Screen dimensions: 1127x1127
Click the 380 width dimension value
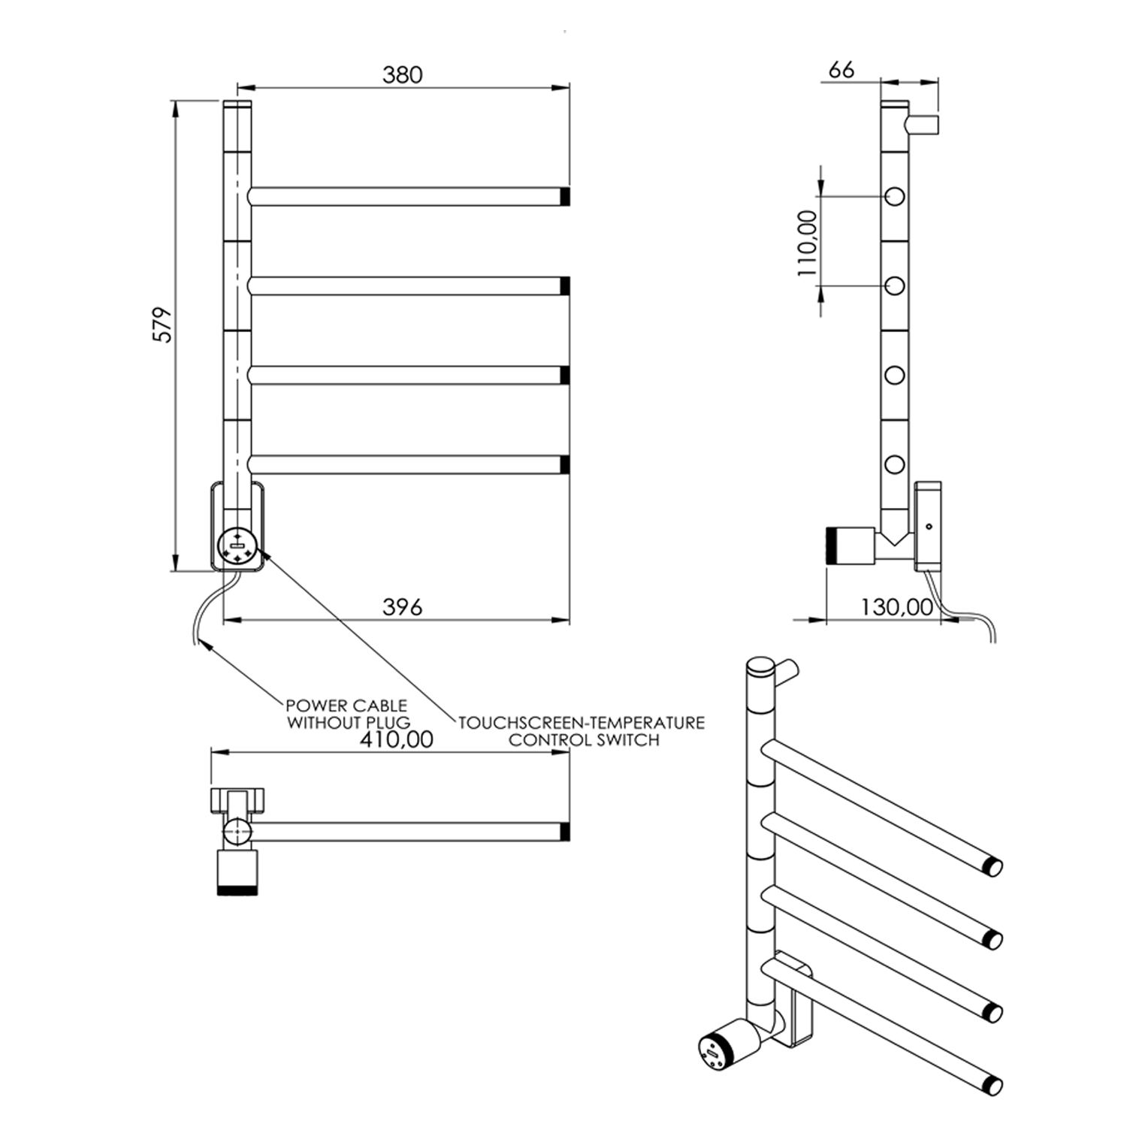(x=402, y=75)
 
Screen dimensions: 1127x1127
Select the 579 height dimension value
(x=163, y=325)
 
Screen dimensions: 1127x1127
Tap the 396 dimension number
(x=402, y=607)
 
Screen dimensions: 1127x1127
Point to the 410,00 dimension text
(x=397, y=740)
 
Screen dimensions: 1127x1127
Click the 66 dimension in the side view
(x=841, y=70)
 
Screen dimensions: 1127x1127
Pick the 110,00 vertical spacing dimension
(x=808, y=243)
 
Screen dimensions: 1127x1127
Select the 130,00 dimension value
(x=896, y=607)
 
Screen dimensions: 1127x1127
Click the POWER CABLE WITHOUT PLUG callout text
(x=347, y=714)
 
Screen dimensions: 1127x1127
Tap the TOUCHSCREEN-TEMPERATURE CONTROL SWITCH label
(x=582, y=731)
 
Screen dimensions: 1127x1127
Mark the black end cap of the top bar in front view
(x=565, y=197)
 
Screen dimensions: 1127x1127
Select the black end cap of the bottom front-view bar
(x=565, y=464)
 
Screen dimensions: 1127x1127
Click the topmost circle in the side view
(x=895, y=197)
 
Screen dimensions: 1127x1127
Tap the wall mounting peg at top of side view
(x=923, y=125)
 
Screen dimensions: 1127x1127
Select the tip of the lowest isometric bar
(x=993, y=1086)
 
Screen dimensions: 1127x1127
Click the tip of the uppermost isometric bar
(x=993, y=867)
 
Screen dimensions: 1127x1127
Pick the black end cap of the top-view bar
(x=565, y=832)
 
